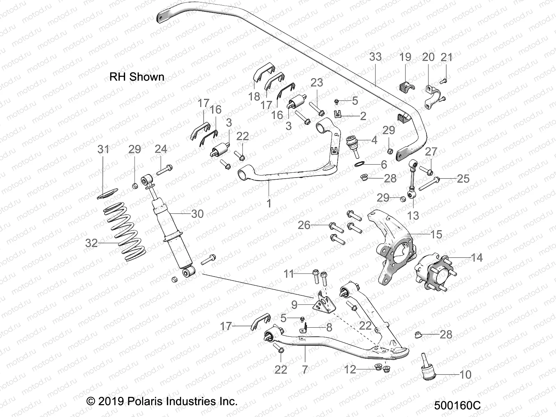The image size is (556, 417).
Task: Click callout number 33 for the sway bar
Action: pyautogui.click(x=375, y=57)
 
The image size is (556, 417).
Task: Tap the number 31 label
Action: pyautogui.click(x=103, y=149)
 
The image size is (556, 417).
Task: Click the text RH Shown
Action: pyautogui.click(x=137, y=77)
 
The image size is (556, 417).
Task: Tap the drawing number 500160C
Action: pyautogui.click(x=457, y=406)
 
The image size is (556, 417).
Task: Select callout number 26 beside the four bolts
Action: pyautogui.click(x=304, y=225)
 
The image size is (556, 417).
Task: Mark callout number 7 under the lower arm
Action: pyautogui.click(x=305, y=369)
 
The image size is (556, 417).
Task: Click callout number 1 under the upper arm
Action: pyautogui.click(x=269, y=203)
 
